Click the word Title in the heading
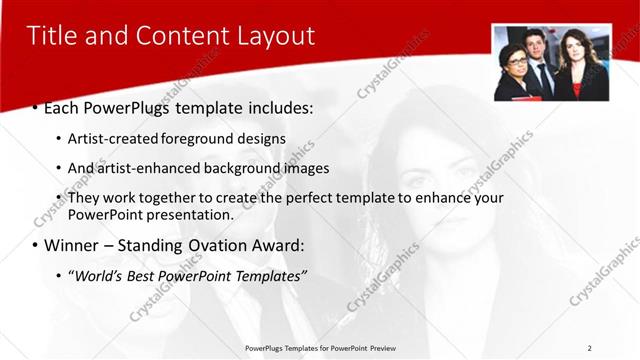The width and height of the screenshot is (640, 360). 51,36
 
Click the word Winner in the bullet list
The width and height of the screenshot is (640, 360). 72,245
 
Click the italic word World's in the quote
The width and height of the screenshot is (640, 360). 99,275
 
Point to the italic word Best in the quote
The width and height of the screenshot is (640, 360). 145,275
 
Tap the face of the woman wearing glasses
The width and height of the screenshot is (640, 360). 516,60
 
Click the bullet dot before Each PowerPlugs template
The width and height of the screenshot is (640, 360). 35,106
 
